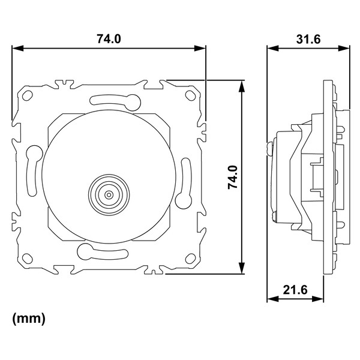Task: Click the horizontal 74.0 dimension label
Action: (x=109, y=38)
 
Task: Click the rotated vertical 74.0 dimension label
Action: (x=233, y=177)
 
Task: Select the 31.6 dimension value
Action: (x=308, y=39)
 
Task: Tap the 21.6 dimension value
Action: (x=295, y=290)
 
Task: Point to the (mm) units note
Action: (x=29, y=319)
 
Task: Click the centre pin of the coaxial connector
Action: (x=109, y=195)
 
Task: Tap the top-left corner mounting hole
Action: (x=28, y=95)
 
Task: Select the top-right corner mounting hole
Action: (x=190, y=95)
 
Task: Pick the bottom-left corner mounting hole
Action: (x=28, y=258)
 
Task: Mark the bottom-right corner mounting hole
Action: (x=190, y=258)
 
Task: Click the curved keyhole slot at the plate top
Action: (x=115, y=101)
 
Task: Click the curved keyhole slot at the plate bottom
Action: (x=103, y=253)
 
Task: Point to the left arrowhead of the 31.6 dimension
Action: (x=273, y=48)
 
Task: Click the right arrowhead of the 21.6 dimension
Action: (x=318, y=299)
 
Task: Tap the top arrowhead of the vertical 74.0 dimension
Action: (x=242, y=86)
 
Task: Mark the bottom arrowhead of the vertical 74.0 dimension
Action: (x=242, y=268)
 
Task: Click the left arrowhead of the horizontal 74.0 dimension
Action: (x=17, y=48)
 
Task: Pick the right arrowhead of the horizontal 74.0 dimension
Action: (x=200, y=48)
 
